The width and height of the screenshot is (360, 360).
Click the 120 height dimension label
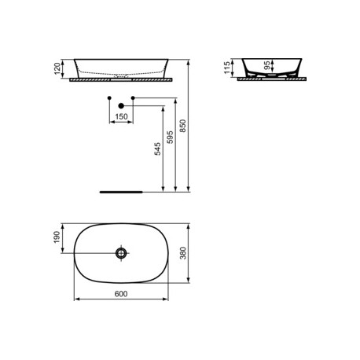[57, 68]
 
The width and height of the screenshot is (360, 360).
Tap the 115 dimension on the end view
[227, 68]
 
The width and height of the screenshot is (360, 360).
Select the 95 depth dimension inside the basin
[267, 65]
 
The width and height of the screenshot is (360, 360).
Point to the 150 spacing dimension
[121, 116]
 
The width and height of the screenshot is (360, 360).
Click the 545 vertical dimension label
[157, 149]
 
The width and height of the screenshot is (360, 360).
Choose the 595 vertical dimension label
[170, 137]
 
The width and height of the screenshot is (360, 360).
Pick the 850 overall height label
[182, 126]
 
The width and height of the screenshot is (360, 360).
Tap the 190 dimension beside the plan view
[57, 237]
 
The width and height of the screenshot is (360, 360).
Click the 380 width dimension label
[183, 253]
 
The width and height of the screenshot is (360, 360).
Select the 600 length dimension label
[121, 294]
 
